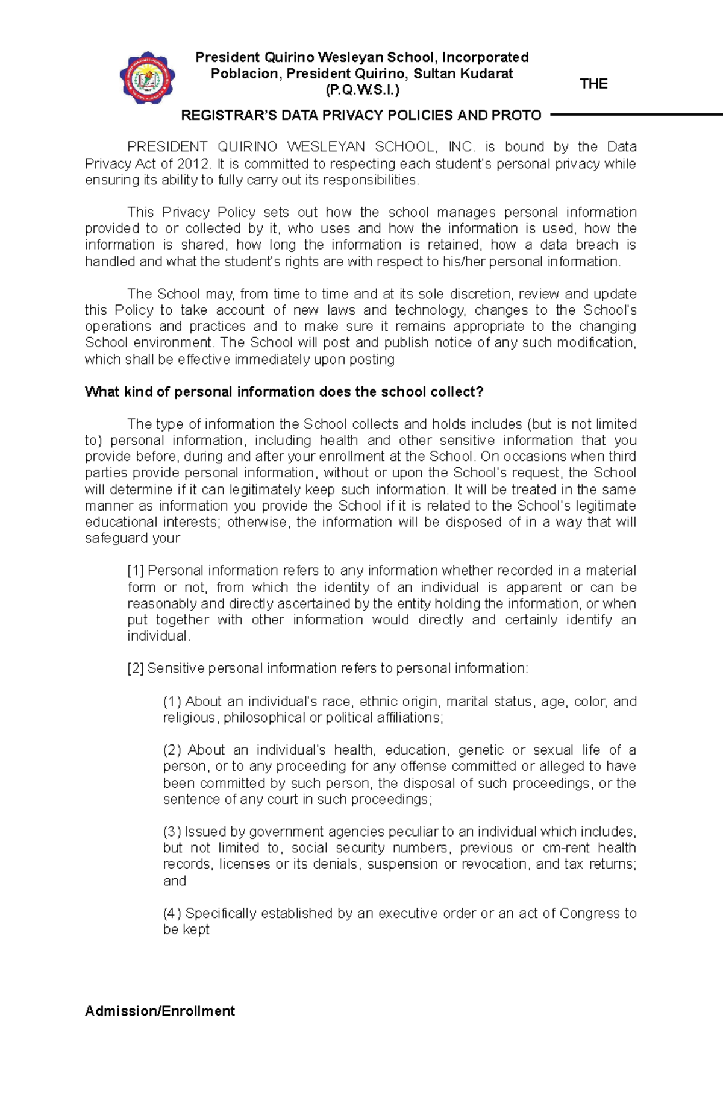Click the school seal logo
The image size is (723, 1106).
pos(147,78)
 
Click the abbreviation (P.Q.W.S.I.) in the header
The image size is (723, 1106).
pos(362,90)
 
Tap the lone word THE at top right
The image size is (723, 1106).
pos(593,84)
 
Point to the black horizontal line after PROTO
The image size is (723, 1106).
pos(636,114)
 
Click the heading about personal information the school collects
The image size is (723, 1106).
pos(284,392)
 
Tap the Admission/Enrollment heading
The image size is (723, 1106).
pos(160,1011)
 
